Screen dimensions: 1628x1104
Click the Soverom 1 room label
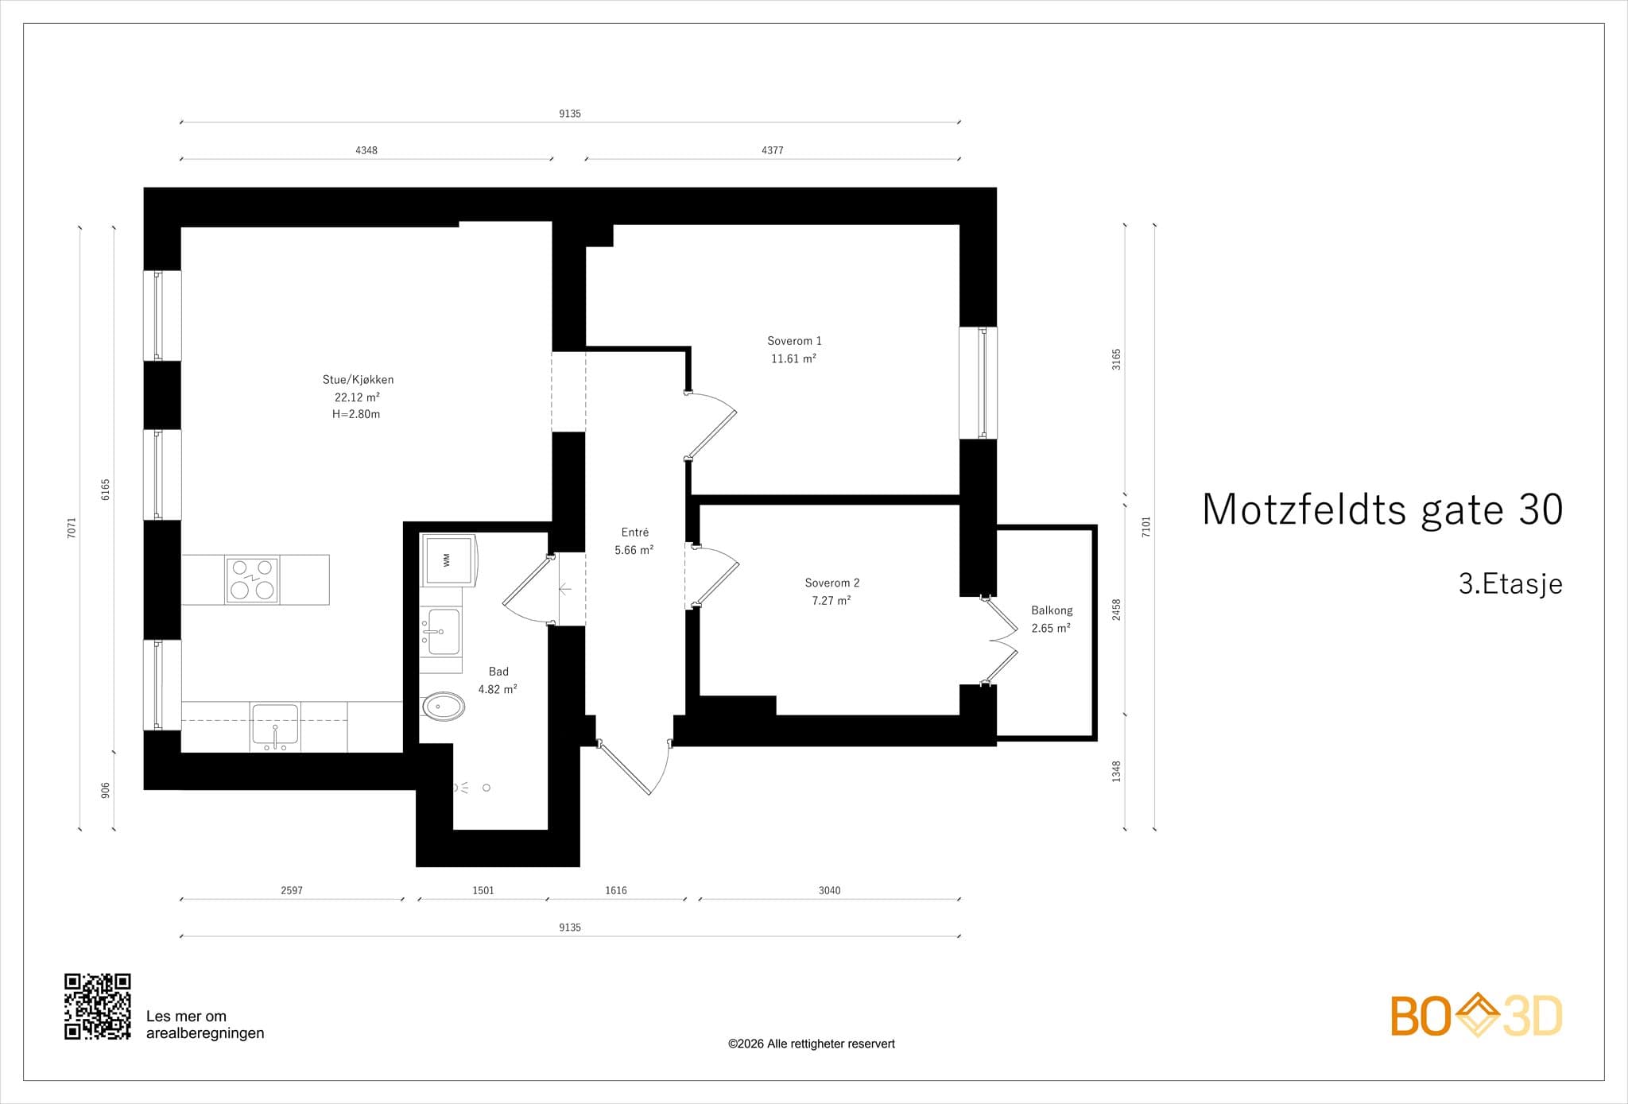(794, 341)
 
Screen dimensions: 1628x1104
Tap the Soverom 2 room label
(832, 583)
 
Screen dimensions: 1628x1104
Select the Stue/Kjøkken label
(358, 380)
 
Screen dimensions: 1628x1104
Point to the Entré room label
(635, 533)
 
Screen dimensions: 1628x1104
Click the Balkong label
(1052, 610)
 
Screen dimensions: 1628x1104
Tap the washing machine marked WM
(448, 560)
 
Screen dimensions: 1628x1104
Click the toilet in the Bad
(442, 706)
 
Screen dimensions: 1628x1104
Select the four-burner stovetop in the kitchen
(253, 580)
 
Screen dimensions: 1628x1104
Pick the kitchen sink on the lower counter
(275, 726)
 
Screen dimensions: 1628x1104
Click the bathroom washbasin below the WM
(442, 631)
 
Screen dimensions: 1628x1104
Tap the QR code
(98, 1006)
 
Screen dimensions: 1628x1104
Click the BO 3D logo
(1476, 1015)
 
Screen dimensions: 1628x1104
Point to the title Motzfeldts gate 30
(1382, 509)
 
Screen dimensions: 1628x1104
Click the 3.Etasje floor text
(1510, 584)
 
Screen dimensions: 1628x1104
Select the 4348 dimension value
(366, 150)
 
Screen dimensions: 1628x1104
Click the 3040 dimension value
(829, 890)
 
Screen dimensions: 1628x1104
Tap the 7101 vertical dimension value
(1146, 527)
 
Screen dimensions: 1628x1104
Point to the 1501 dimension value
(483, 890)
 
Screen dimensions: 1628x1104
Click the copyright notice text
(812, 1044)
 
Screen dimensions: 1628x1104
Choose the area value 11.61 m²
(793, 358)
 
